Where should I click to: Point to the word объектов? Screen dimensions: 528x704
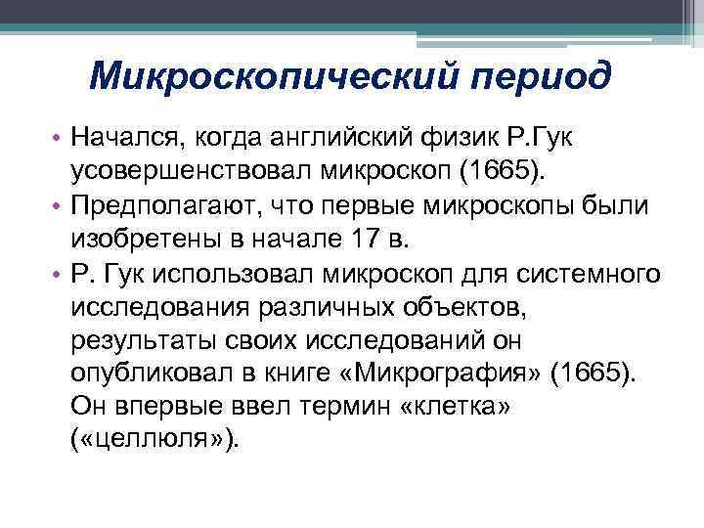[462, 308]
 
